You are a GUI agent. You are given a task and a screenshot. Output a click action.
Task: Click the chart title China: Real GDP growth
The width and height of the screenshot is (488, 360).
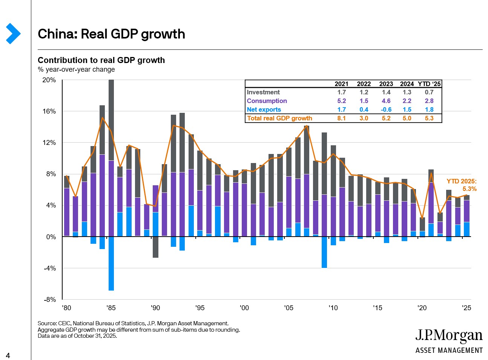[x=111, y=34]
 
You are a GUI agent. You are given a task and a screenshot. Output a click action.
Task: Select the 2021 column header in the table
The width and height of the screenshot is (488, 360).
[x=341, y=84]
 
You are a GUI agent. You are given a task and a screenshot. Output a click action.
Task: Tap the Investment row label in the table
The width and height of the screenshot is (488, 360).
[x=263, y=92]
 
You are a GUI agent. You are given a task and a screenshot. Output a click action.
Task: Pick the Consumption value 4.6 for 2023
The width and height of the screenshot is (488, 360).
[x=386, y=101]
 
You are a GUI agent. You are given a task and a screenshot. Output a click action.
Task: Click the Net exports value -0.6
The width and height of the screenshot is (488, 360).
[x=386, y=109]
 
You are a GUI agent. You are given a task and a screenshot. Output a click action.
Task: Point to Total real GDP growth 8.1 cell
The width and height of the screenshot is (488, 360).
[x=341, y=118]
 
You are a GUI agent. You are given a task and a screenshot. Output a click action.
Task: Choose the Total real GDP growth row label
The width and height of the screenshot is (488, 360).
[x=279, y=118]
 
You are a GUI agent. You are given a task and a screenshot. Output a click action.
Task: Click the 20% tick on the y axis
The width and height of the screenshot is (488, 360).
[x=49, y=80]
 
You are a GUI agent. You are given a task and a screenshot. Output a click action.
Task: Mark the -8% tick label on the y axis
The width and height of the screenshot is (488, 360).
[x=50, y=300]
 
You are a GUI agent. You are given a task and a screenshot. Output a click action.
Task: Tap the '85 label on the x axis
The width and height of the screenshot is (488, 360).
[x=111, y=308]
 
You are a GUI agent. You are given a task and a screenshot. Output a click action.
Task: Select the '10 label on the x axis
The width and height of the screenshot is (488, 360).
[x=333, y=308]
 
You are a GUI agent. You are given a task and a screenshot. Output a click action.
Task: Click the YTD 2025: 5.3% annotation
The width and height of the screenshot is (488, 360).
[x=462, y=185]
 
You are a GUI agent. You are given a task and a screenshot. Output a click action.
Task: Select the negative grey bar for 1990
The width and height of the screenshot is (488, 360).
[x=155, y=247]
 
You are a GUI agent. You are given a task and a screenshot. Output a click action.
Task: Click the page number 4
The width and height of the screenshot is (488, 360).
[x=8, y=355]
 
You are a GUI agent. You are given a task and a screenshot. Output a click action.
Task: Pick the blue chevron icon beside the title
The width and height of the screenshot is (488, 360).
[x=13, y=34]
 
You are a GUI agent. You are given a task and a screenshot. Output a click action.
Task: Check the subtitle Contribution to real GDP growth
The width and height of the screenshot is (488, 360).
[x=101, y=60]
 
